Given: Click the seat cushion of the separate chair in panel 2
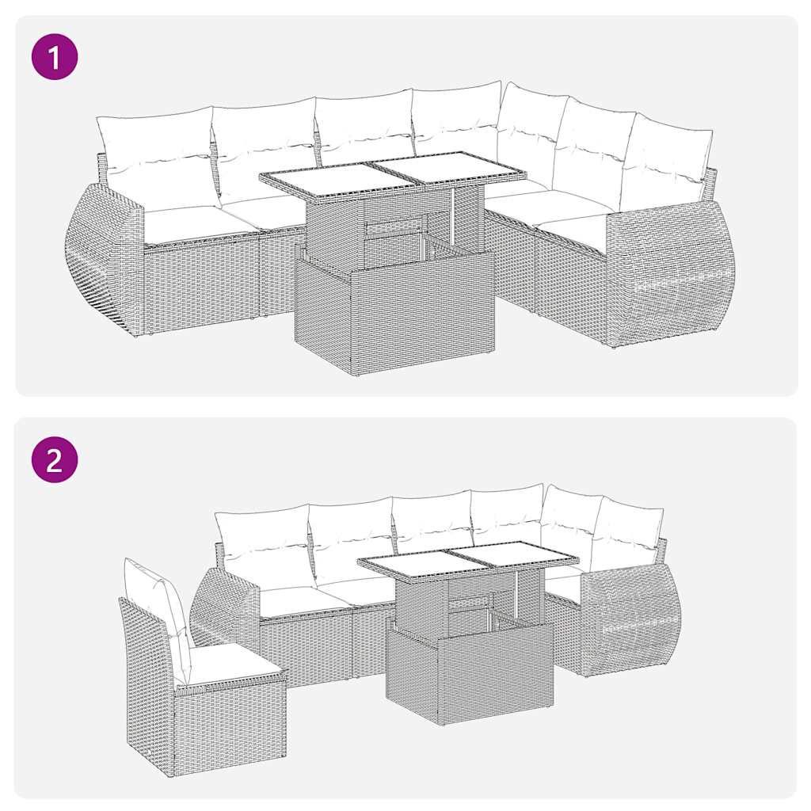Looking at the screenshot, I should [x=229, y=661].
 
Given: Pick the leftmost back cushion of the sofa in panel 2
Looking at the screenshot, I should [x=264, y=543].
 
